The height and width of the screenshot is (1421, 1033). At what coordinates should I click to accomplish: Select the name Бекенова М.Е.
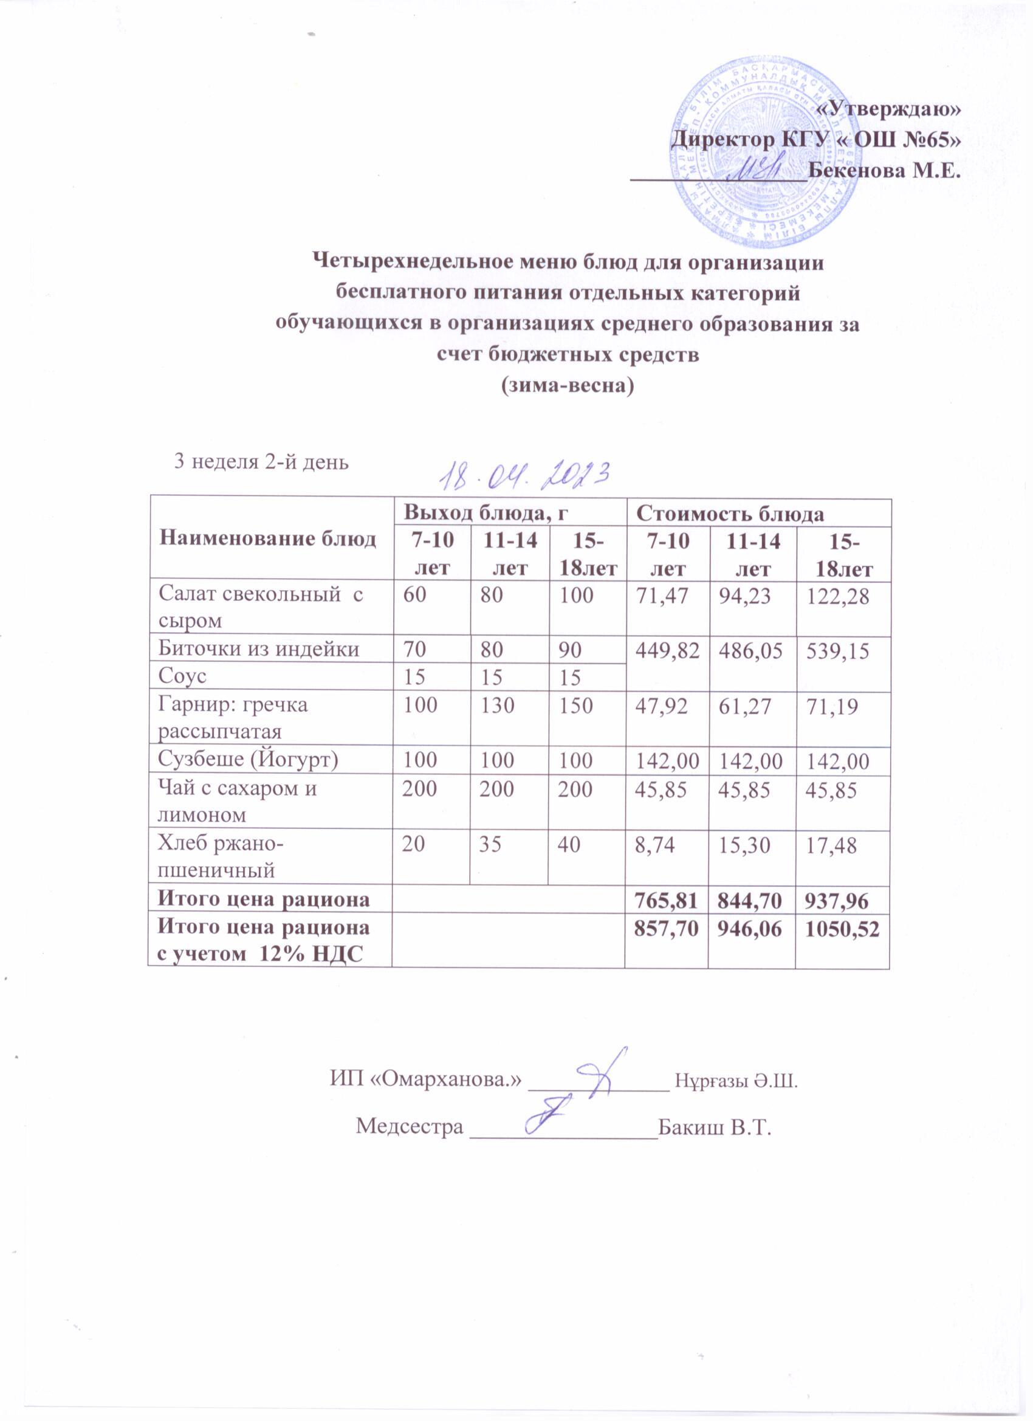pos(884,170)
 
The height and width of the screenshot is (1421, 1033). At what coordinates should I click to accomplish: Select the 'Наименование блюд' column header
pos(268,538)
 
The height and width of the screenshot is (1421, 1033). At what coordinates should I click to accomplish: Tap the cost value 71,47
pos(665,595)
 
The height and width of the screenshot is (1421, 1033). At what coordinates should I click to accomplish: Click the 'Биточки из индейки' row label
pos(259,649)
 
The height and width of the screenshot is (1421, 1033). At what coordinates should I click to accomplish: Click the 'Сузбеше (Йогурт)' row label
pos(249,760)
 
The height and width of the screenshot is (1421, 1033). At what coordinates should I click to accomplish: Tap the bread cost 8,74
pos(655,845)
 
